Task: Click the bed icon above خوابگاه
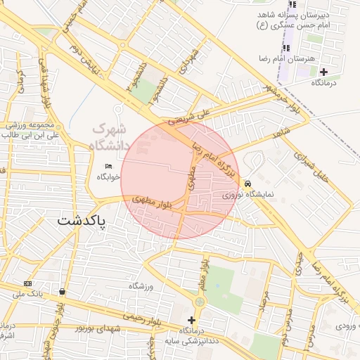(108, 166)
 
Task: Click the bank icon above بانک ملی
(27, 283)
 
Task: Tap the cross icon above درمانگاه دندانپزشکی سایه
(191, 320)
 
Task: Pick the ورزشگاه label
(141, 286)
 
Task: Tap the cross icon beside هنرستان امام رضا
(323, 72)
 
